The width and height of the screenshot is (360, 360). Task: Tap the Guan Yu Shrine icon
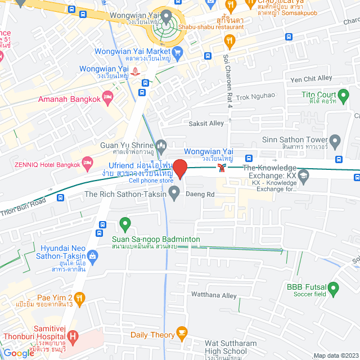(161, 146)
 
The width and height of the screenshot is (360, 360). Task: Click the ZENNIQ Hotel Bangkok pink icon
(87, 163)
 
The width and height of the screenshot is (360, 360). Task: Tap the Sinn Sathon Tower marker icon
(335, 140)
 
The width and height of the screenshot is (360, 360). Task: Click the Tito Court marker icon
(343, 95)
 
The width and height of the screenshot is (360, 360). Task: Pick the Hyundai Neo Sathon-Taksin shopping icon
(92, 256)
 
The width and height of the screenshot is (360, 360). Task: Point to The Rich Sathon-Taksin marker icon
(174, 194)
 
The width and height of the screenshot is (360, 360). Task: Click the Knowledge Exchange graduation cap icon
(304, 177)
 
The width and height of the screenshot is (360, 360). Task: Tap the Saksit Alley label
(206, 123)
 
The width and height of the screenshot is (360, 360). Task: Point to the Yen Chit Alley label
(311, 79)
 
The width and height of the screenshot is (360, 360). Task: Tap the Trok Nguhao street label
(255, 96)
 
